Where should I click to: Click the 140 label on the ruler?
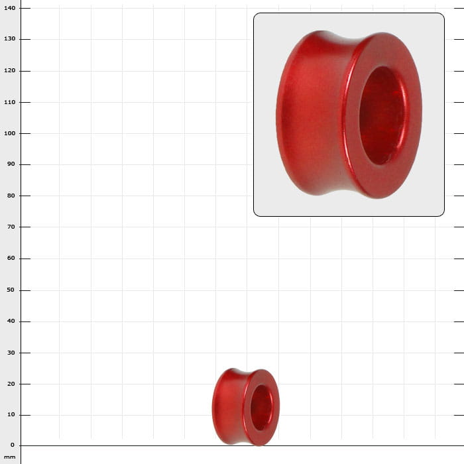tap(9, 8)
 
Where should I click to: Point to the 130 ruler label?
tap(9, 38)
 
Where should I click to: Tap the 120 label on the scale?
tap(9, 70)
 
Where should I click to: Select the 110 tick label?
tap(9, 102)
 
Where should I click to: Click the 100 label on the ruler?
tap(9, 133)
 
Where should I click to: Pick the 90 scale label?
tap(11, 164)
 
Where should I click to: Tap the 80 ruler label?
tap(11, 196)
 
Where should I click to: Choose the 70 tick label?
tap(11, 227)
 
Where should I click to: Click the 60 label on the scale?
tap(11, 258)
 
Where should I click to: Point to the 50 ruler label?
tap(11, 290)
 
